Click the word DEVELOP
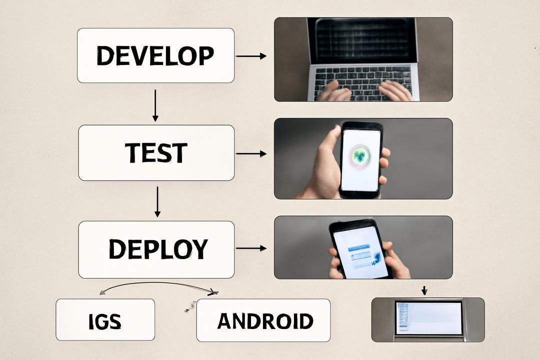click(155, 56)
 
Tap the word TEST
click(156, 153)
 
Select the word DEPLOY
click(158, 248)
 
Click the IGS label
click(105, 321)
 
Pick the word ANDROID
click(265, 321)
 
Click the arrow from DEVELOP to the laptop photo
click(251, 56)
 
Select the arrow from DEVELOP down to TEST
click(155, 105)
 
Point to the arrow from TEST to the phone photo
click(251, 153)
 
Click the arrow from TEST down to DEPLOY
click(157, 202)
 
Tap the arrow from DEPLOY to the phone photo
click(251, 248)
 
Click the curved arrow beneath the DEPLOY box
click(158, 283)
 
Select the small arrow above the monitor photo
click(424, 290)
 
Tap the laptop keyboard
click(363, 82)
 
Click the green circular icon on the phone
click(360, 156)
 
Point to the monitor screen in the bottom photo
click(428, 318)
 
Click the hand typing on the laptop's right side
click(395, 90)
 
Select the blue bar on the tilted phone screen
click(359, 248)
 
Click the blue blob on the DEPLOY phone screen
click(376, 258)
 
